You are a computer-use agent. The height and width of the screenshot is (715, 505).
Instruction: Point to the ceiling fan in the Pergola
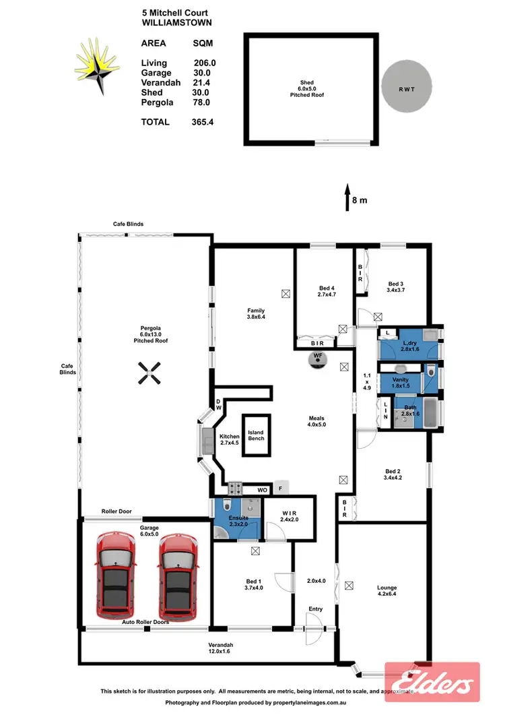[x=149, y=373]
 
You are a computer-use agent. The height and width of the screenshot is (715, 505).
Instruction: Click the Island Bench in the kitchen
[x=256, y=435]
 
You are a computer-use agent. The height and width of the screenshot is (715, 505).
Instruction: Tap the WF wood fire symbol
[x=317, y=358]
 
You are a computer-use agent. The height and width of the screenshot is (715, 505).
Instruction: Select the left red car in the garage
[x=116, y=575]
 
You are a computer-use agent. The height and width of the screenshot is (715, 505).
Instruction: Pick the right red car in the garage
[x=178, y=575]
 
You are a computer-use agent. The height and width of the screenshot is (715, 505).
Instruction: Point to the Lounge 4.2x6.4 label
[x=386, y=591]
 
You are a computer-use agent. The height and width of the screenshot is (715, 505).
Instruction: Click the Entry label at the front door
[x=315, y=609]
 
